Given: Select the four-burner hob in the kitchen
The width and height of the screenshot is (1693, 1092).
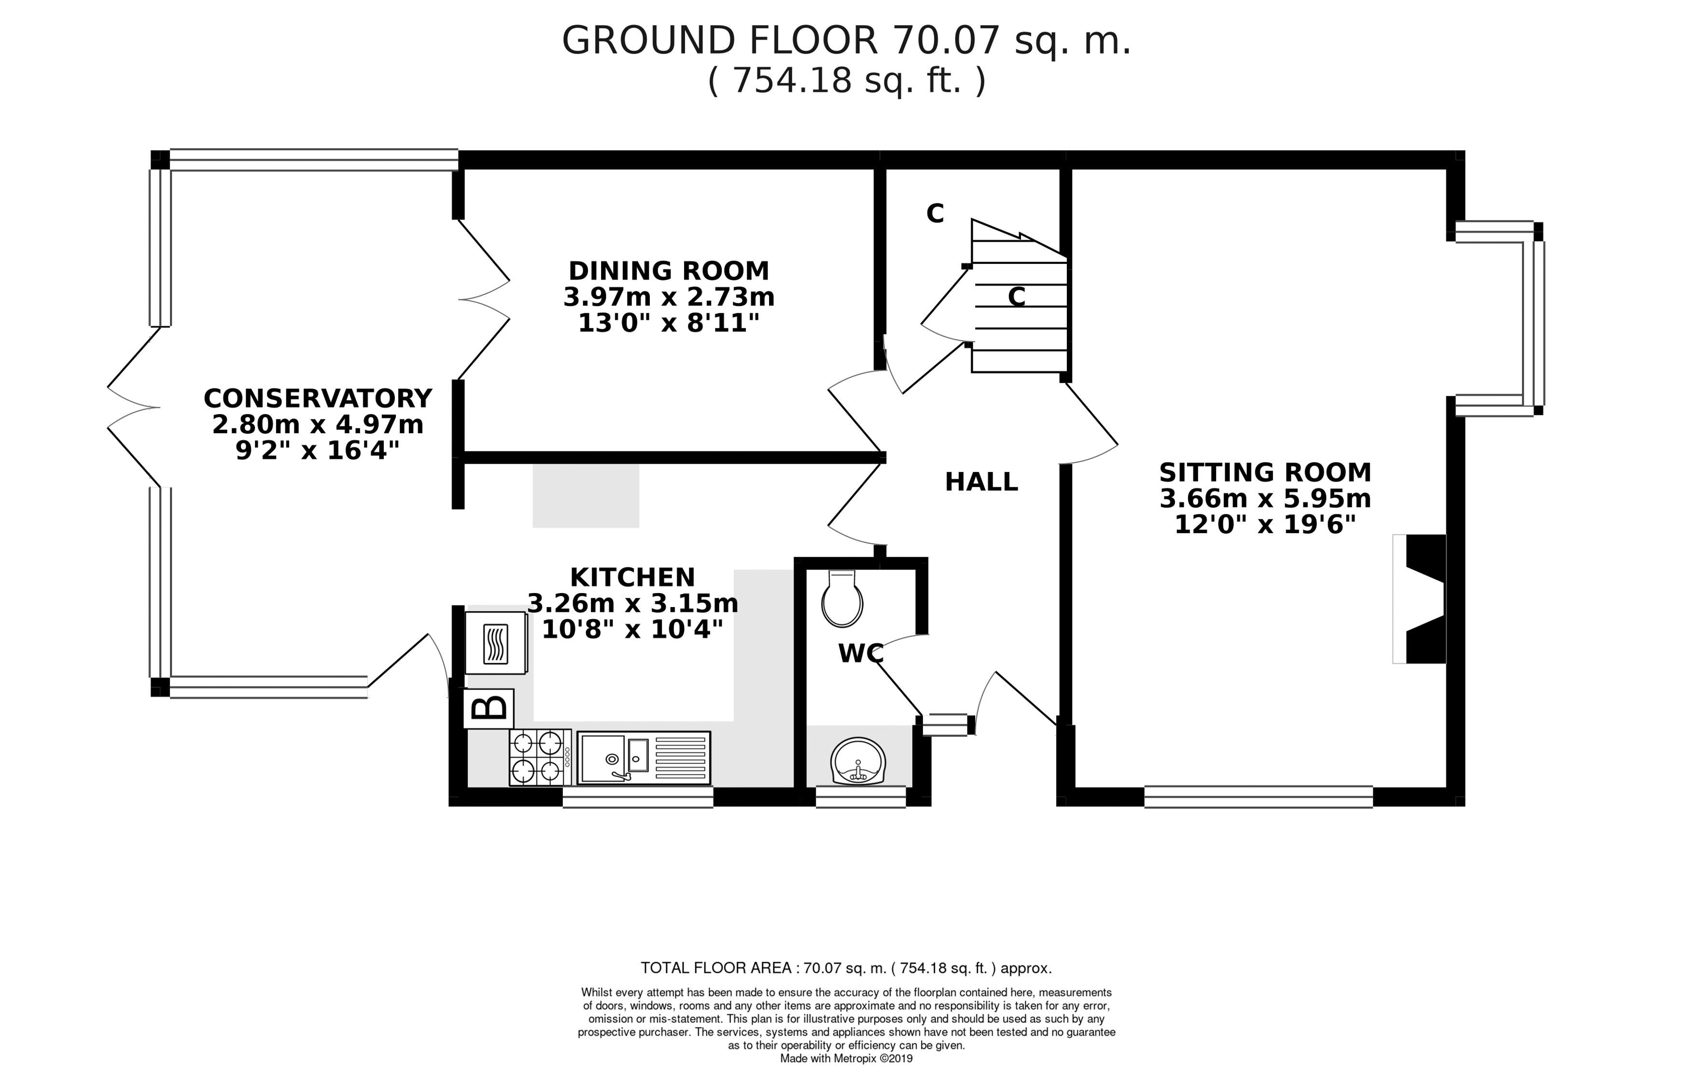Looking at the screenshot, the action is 539,757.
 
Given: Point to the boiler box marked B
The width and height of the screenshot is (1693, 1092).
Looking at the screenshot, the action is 489,708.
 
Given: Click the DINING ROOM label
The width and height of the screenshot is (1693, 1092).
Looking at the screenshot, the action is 669,271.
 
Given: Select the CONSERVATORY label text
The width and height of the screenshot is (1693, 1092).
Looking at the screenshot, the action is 318,399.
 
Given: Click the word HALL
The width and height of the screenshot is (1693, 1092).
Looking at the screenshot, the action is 981,482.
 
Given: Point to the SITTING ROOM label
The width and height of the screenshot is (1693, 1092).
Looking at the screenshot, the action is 1265,472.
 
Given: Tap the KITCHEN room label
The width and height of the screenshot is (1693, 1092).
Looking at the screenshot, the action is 633,577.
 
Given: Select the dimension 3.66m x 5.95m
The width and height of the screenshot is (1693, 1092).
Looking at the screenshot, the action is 1265,498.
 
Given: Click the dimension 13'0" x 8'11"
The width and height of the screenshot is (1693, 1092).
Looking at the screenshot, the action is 669,323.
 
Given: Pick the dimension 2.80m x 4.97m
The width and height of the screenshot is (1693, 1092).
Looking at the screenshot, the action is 318,425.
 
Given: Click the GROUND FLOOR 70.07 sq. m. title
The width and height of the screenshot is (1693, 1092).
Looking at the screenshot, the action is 846,41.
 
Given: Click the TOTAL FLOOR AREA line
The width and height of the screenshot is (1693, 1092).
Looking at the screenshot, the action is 846,968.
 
